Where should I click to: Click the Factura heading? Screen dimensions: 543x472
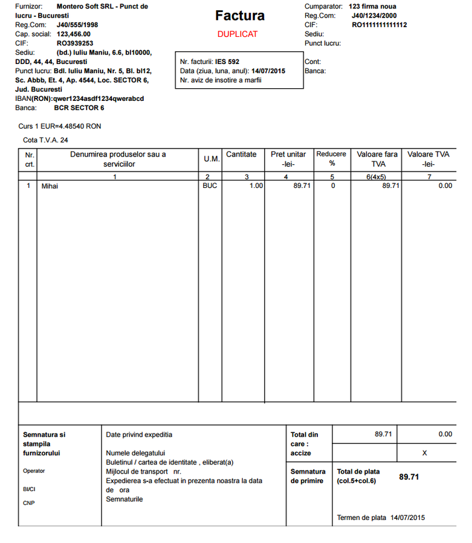pyautogui.click(x=239, y=16)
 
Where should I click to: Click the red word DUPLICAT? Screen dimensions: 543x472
pyautogui.click(x=238, y=34)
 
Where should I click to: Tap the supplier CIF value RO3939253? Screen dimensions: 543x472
pyautogui.click(x=75, y=43)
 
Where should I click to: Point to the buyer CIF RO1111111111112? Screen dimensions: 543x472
pyautogui.click(x=379, y=25)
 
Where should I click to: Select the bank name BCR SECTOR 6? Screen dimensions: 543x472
pyautogui.click(x=79, y=108)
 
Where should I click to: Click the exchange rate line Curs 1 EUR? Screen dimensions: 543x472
pyautogui.click(x=60, y=127)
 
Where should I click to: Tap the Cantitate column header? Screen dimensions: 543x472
pyautogui.click(x=241, y=155)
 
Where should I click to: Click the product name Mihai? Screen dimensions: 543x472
pyautogui.click(x=50, y=186)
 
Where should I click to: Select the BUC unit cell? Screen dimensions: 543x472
pyautogui.click(x=210, y=186)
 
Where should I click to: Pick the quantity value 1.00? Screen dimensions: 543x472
pyautogui.click(x=256, y=186)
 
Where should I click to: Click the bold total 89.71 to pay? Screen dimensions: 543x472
pyautogui.click(x=409, y=477)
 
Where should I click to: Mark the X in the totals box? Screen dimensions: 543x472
pyautogui.click(x=424, y=452)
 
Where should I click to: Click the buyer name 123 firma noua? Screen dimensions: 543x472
pyautogui.click(x=373, y=6)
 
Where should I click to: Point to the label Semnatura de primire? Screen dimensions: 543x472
pyautogui.click(x=308, y=476)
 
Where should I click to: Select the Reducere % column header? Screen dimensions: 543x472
pyautogui.click(x=331, y=159)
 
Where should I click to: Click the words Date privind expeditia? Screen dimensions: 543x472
pyautogui.click(x=139, y=434)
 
